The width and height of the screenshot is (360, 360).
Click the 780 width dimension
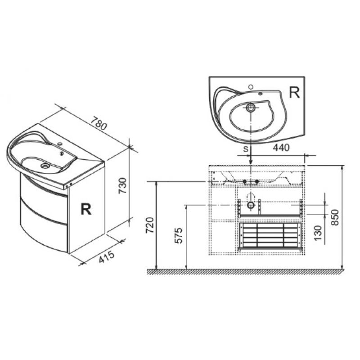pos(99,123)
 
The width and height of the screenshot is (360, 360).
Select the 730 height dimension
pos(122,185)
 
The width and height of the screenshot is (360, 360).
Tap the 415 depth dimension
pos(107,256)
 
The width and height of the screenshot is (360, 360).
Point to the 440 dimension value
pos(281,148)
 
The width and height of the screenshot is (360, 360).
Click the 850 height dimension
pos(335,217)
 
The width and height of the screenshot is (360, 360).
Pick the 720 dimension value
pos(150,225)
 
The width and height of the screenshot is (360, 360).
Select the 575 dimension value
pos(178,235)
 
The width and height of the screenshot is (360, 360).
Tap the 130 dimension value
pos(318,233)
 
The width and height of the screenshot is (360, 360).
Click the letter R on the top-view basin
pos(294,92)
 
